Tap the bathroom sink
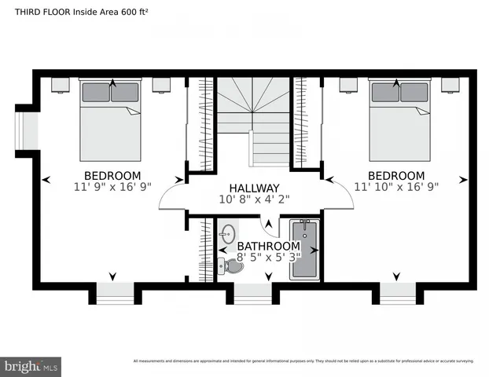pyautogui.click(x=227, y=233)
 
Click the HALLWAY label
pyautogui.click(x=253, y=188)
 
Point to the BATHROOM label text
pyautogui.click(x=268, y=245)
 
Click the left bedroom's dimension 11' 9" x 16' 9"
pyautogui.click(x=112, y=187)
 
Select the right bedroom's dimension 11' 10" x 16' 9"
pyautogui.click(x=396, y=187)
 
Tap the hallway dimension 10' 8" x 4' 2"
pyautogui.click(x=253, y=199)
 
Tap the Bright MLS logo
pyautogui.click(x=31, y=366)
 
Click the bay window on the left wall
pyautogui.click(x=27, y=130)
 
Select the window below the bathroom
pyautogui.click(x=253, y=293)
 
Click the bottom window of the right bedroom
pyautogui.click(x=399, y=293)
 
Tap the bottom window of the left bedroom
pyautogui.click(x=114, y=293)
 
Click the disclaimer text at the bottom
pyautogui.click(x=303, y=361)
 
